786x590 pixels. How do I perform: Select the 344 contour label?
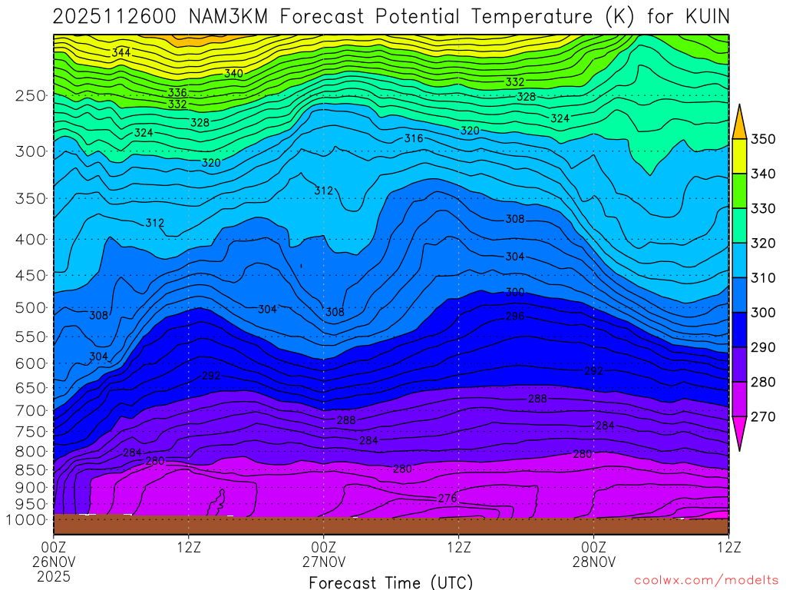coord(121,53)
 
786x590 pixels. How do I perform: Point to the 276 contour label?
coord(447,499)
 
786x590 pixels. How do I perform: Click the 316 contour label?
coord(414,138)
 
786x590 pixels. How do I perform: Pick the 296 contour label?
coord(515,317)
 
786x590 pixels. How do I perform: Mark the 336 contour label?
coord(177,93)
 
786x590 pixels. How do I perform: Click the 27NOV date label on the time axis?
coord(324,562)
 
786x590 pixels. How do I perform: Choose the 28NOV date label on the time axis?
coord(594,562)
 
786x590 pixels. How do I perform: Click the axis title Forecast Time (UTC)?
coord(391,582)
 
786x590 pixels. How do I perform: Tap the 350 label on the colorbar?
coord(761,139)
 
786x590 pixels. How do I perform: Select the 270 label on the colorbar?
coord(761,416)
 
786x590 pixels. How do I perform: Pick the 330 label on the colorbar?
coord(761,208)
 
